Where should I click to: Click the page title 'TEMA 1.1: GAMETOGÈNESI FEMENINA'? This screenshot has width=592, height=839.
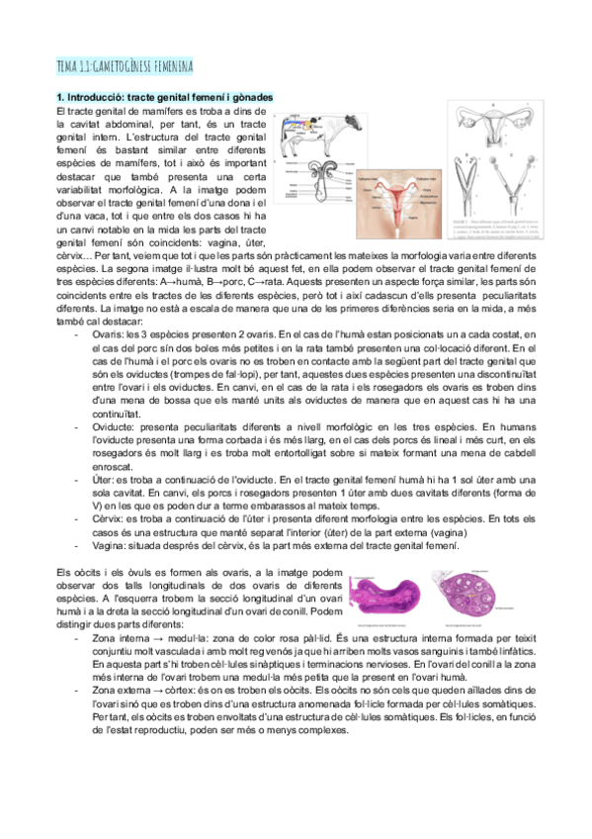coord(125,66)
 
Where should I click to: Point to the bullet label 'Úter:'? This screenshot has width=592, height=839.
coord(106,478)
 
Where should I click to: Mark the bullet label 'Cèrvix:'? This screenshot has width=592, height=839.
coord(111,517)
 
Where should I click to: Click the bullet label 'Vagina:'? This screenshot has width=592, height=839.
coord(112,545)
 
